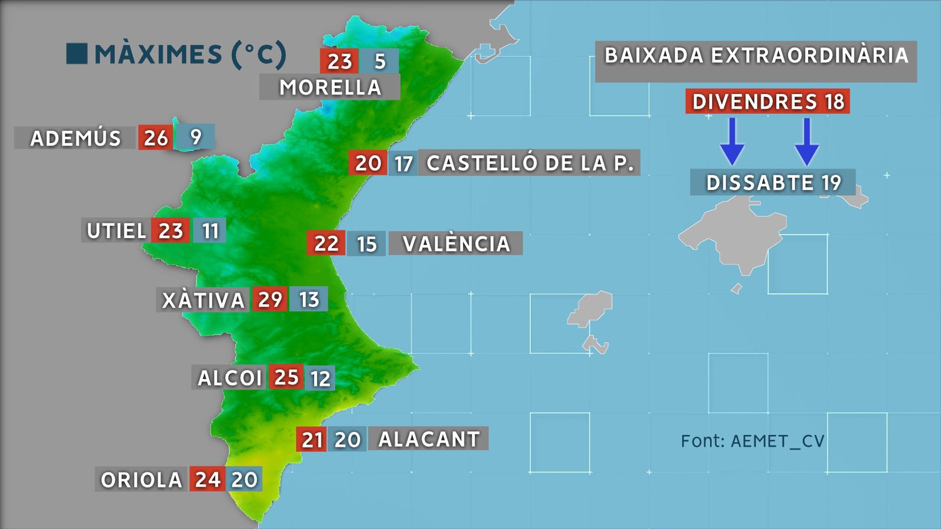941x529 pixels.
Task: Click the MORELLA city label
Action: (x=330, y=87)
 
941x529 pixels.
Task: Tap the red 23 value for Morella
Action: (x=339, y=61)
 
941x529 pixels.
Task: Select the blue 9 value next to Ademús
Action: (x=196, y=137)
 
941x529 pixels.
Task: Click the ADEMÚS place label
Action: (x=75, y=138)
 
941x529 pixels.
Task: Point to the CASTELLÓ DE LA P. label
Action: (x=530, y=163)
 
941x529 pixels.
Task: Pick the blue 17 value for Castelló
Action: (x=403, y=163)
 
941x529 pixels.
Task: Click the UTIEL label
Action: (x=116, y=230)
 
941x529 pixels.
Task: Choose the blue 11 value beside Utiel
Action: (x=210, y=230)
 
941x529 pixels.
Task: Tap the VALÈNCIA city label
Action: (x=456, y=243)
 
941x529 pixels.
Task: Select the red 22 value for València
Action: (x=326, y=243)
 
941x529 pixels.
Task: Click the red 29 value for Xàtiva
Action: (x=270, y=299)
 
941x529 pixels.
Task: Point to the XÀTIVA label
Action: (x=203, y=300)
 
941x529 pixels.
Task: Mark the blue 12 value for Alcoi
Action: (x=320, y=378)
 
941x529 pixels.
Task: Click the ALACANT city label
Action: (x=429, y=439)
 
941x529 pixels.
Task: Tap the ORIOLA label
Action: (x=141, y=480)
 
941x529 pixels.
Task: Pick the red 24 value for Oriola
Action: (x=208, y=480)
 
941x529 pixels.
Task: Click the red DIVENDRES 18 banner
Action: (x=768, y=102)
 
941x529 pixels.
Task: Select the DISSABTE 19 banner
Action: (x=773, y=182)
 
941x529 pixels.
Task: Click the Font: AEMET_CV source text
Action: (x=752, y=441)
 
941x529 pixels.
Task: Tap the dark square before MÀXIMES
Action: (x=77, y=53)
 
